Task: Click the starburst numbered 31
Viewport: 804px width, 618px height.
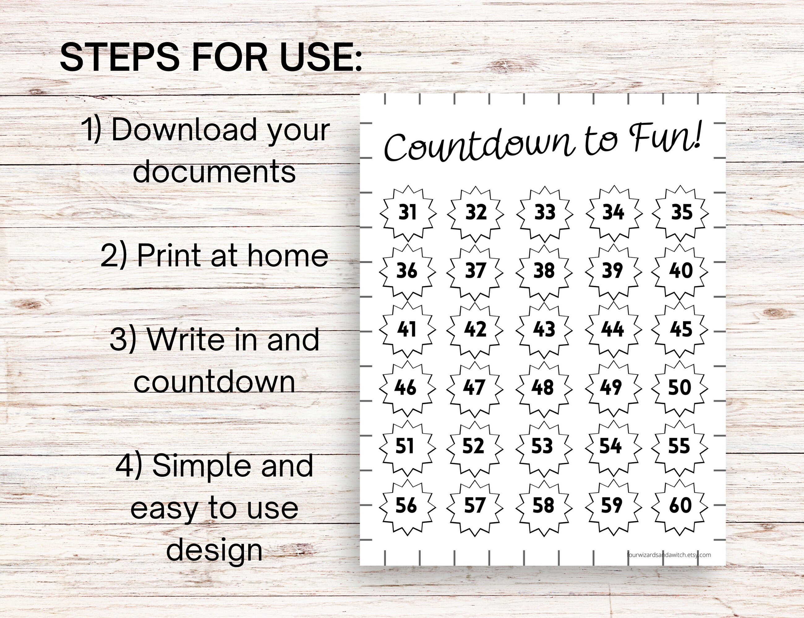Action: [x=408, y=212]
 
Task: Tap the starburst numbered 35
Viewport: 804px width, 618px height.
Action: [x=681, y=212]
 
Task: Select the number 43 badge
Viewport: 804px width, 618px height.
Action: [x=544, y=329]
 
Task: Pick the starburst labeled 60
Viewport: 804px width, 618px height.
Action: [x=680, y=506]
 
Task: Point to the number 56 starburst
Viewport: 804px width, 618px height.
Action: [x=406, y=506]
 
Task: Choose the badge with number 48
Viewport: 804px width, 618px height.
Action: [x=543, y=388]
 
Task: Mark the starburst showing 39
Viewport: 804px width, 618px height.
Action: [x=613, y=271]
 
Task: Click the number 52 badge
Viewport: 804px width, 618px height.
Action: [x=474, y=446]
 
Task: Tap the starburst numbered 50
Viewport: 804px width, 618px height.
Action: [x=680, y=388]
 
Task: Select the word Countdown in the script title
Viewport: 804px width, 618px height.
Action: [x=479, y=145]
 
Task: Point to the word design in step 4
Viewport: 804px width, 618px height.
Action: [x=214, y=551]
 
